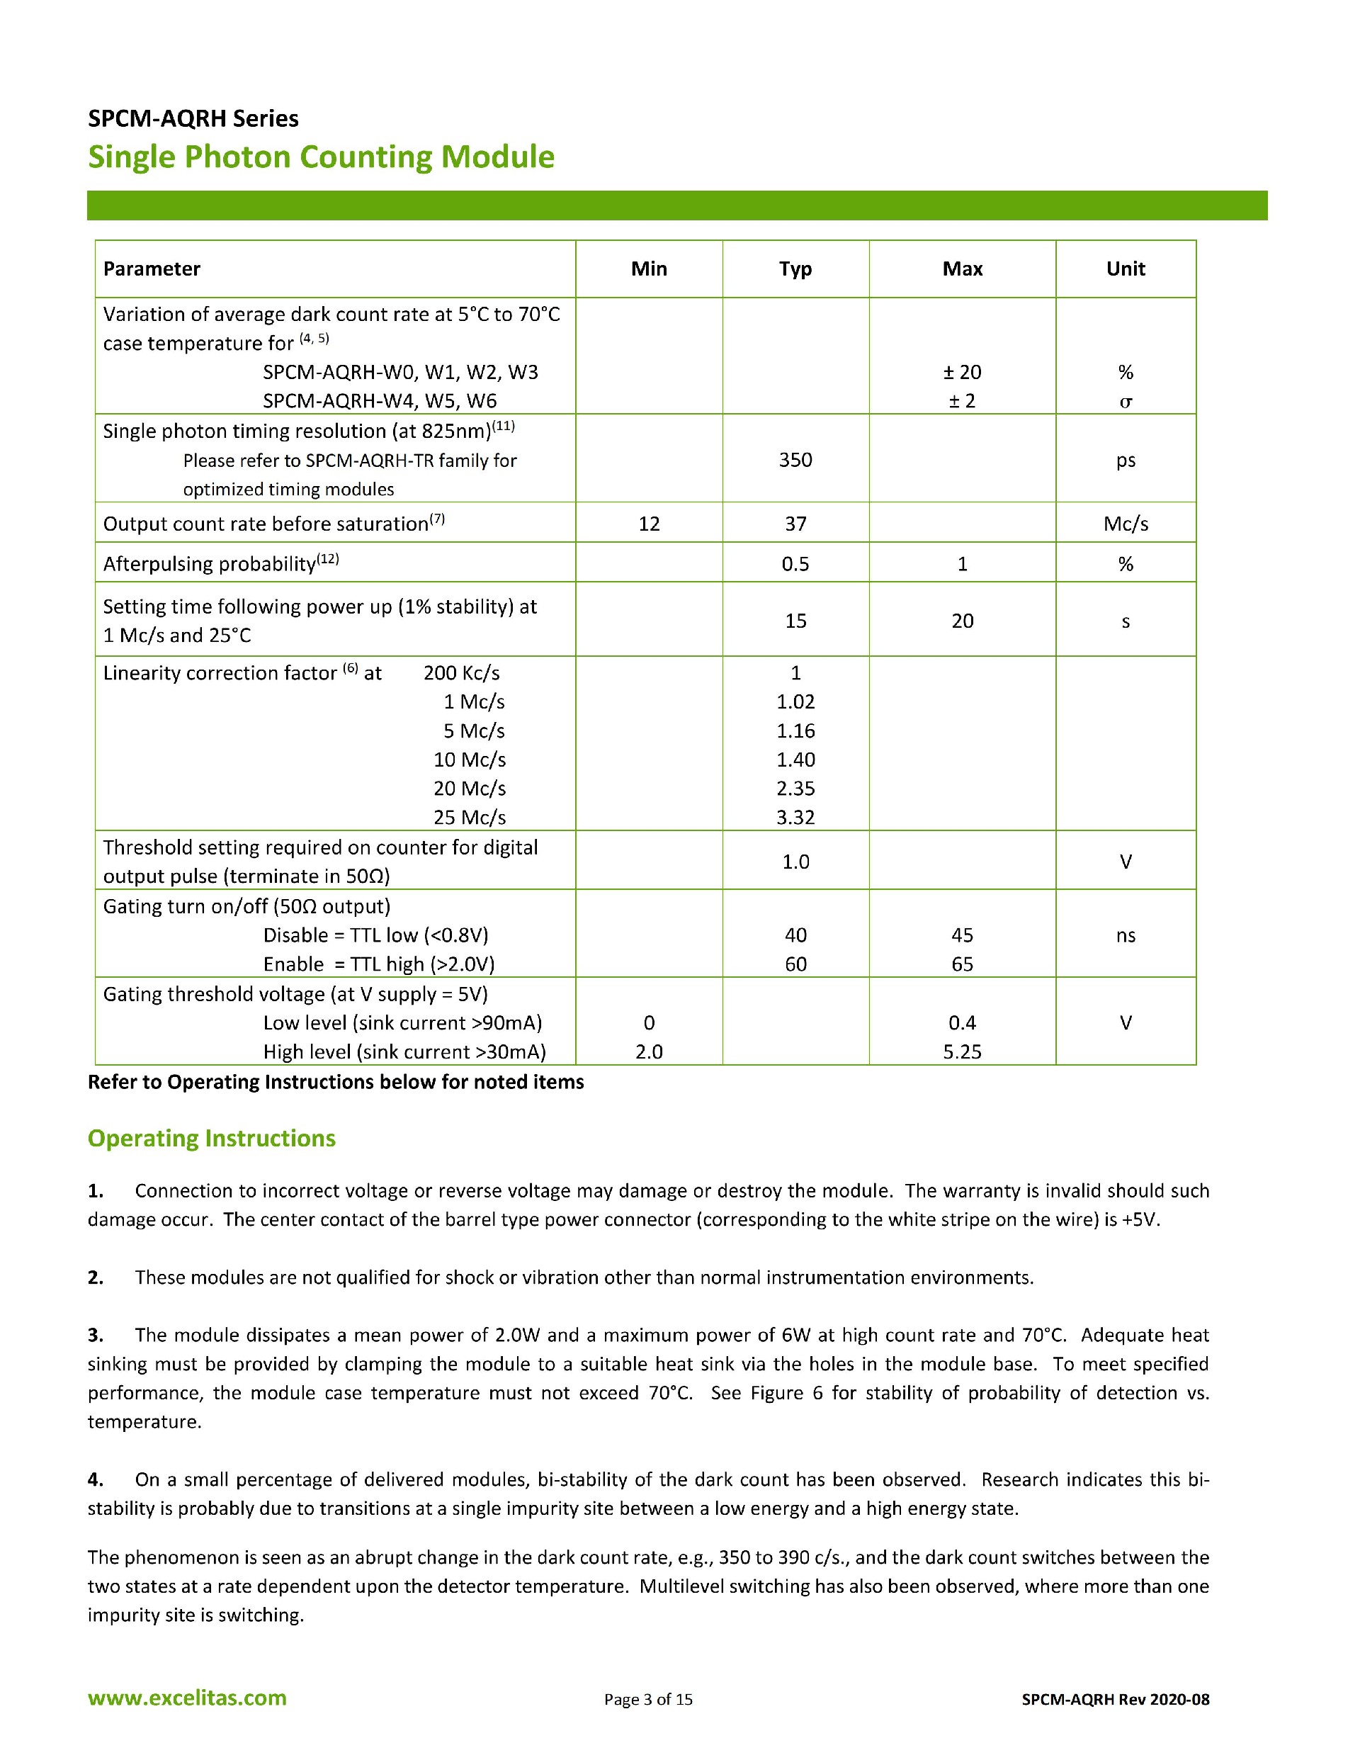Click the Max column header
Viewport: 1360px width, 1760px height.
coord(962,269)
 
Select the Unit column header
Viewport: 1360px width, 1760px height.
coord(1126,269)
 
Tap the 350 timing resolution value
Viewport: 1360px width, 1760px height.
coord(795,460)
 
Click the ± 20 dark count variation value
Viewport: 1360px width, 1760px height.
coord(962,372)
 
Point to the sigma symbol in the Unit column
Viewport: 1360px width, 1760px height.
coord(1126,401)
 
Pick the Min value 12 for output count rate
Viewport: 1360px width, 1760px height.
coord(649,524)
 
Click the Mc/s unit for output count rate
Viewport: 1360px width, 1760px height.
coord(1126,524)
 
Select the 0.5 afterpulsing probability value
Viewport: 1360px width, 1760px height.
coord(795,564)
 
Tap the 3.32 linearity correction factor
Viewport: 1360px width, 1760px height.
coord(795,817)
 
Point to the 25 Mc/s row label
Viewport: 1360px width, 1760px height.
coord(470,817)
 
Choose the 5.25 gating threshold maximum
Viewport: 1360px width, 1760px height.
coord(962,1051)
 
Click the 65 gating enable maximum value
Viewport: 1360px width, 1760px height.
coord(962,964)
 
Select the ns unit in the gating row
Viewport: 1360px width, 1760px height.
coord(1126,935)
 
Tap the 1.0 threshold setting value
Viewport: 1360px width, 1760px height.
coord(795,862)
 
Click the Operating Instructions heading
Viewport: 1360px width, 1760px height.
coord(211,1138)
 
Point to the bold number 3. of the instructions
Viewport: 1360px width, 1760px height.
coord(96,1336)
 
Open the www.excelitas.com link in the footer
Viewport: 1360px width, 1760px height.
coord(187,1698)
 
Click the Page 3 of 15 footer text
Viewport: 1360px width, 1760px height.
coord(648,1700)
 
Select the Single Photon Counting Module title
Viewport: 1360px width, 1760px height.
coord(321,157)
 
